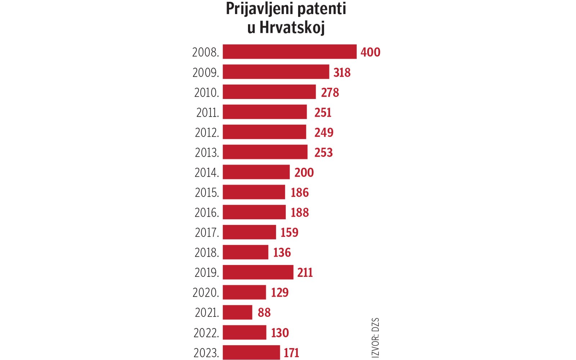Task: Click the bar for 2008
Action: (x=289, y=52)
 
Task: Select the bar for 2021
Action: (x=238, y=312)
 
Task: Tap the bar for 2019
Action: (x=258, y=272)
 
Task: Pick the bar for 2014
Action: (x=256, y=172)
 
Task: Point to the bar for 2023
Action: (x=251, y=352)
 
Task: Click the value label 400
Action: (x=370, y=52)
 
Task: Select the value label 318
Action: (x=342, y=72)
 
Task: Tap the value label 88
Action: (x=264, y=312)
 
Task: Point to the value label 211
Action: (x=305, y=273)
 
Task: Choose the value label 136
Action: (x=282, y=252)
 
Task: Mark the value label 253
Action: (x=323, y=153)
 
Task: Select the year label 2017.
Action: (x=207, y=233)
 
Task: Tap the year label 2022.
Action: (x=206, y=333)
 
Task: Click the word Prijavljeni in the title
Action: (x=259, y=9)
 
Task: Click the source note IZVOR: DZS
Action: (x=375, y=337)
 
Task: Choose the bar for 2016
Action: (x=254, y=212)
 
